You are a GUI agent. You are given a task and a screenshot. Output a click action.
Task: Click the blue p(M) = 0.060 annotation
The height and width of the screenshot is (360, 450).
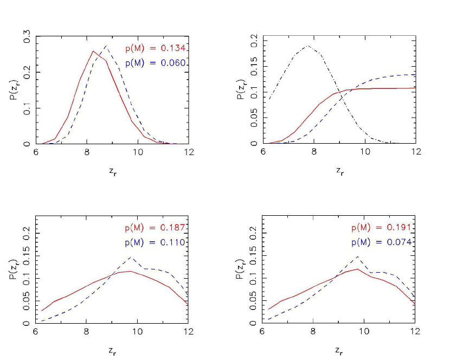coord(157,63)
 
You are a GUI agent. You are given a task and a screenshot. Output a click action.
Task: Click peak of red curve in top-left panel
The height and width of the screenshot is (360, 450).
coord(93,51)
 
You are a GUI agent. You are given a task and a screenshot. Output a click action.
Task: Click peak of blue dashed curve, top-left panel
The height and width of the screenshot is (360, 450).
coord(106,46)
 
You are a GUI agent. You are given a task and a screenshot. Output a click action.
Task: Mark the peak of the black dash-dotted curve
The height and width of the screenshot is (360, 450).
coord(308,46)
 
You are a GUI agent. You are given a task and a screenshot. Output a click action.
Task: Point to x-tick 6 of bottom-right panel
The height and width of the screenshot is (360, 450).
coord(262,331)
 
